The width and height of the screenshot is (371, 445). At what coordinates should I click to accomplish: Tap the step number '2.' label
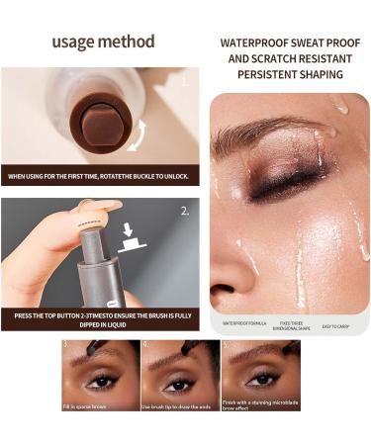coord(186,211)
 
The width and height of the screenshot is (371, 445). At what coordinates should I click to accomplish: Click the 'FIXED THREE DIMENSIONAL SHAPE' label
coord(294,324)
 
